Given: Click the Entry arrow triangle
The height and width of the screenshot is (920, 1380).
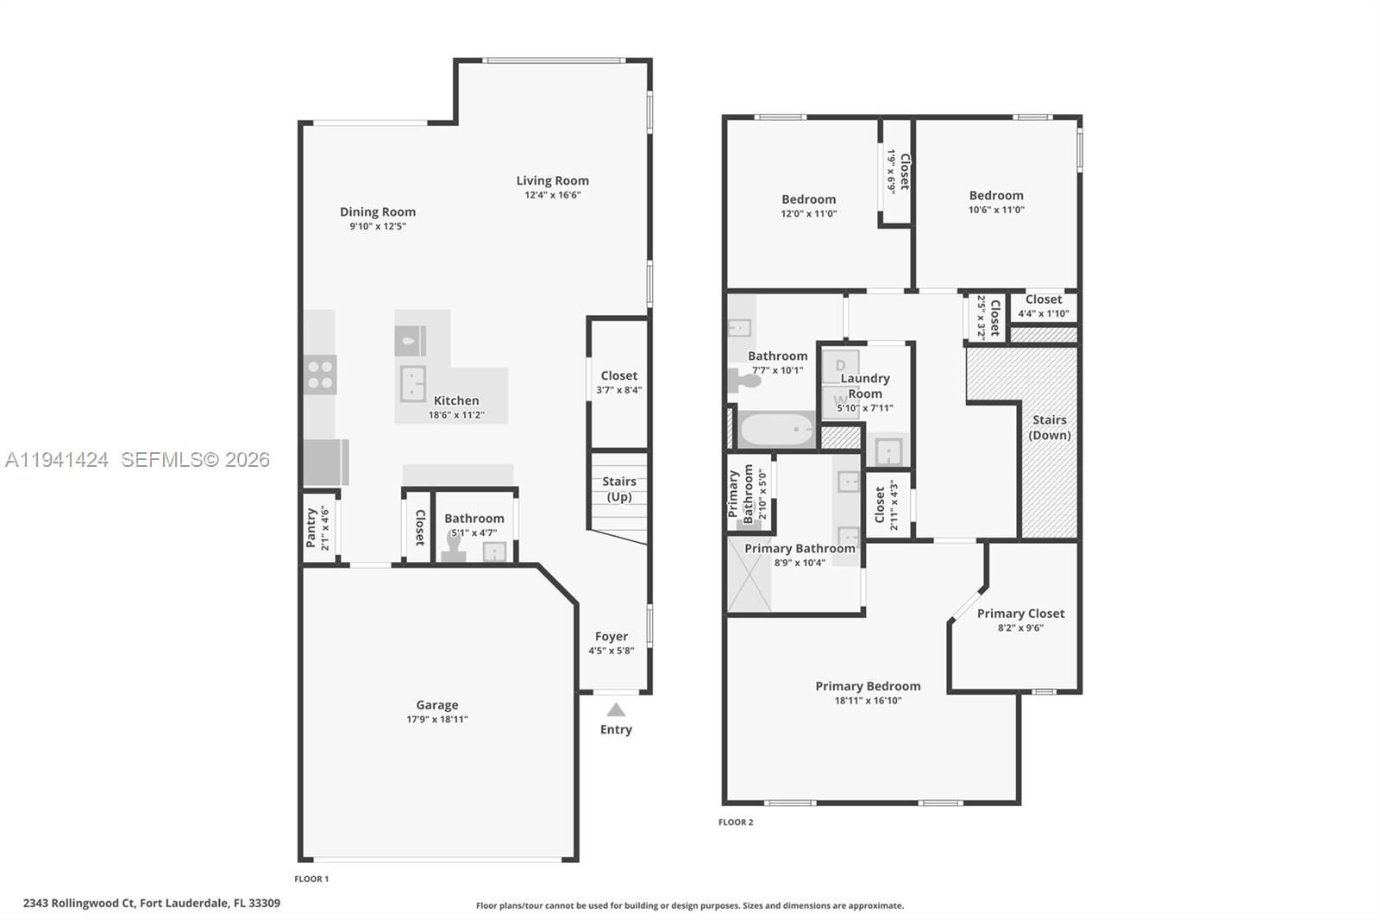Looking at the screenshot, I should pyautogui.click(x=615, y=710).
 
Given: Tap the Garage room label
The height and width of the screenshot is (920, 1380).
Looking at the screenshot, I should pyautogui.click(x=437, y=705).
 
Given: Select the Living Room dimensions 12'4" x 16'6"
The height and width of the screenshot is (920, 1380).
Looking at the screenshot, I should pyautogui.click(x=553, y=195).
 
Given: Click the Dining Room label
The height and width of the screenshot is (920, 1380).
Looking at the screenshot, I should pyautogui.click(x=378, y=211).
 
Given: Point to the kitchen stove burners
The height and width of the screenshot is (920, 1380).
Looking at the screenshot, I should pyautogui.click(x=320, y=375).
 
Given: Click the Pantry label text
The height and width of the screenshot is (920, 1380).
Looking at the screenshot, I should pyautogui.click(x=310, y=527).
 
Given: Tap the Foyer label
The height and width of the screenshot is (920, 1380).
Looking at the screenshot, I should pyautogui.click(x=611, y=637).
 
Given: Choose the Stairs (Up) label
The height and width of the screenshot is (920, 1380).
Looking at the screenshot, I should pyautogui.click(x=618, y=488).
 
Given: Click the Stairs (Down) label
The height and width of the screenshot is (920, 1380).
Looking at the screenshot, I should pyautogui.click(x=1050, y=427).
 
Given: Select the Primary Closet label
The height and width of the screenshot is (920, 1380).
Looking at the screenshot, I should pyautogui.click(x=1020, y=614).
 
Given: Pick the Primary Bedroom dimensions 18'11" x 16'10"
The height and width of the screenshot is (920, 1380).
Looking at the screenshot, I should pyautogui.click(x=868, y=701).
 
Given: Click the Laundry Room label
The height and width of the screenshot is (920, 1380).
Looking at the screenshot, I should pyautogui.click(x=865, y=386).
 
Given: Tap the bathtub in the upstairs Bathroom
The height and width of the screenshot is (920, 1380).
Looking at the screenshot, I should pyautogui.click(x=776, y=429).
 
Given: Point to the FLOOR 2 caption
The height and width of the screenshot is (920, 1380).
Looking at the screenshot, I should pyautogui.click(x=736, y=822).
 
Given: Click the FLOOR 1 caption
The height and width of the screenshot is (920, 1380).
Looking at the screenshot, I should pyautogui.click(x=311, y=879).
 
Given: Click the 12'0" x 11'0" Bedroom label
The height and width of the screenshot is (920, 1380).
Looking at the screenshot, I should pyautogui.click(x=809, y=199).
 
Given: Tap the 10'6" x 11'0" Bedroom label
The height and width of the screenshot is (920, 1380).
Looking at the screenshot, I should pyautogui.click(x=996, y=196).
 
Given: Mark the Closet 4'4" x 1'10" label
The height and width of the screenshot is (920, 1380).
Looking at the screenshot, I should pyautogui.click(x=1044, y=299).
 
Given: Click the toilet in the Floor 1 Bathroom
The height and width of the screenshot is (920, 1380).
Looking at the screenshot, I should pyautogui.click(x=454, y=547).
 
